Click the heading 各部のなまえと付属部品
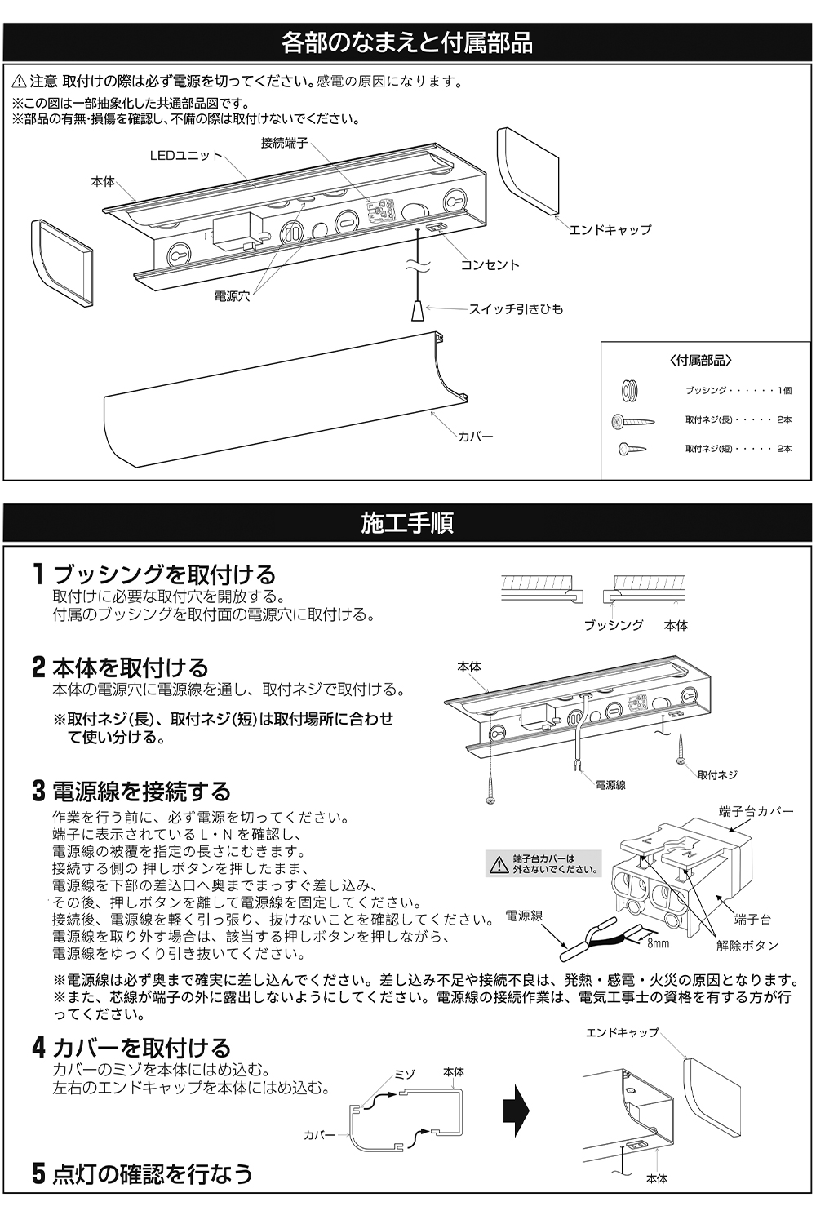coord(407,42)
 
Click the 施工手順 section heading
coord(407,523)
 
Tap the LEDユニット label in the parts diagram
coord(186,156)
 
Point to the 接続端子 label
coord(284,143)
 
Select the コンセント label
coord(490,265)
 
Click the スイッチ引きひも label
coord(516,309)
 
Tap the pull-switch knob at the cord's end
coord(418,310)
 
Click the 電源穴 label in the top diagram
coord(232,296)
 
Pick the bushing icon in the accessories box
coord(630,390)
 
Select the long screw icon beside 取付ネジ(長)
coord(633,421)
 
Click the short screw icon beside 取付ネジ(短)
coord(632,449)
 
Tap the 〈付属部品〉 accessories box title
coord(700,361)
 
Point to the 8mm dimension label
coord(658,943)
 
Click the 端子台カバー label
coord(756,811)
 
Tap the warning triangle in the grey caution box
coord(499,865)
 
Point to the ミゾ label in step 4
coord(405,1074)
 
